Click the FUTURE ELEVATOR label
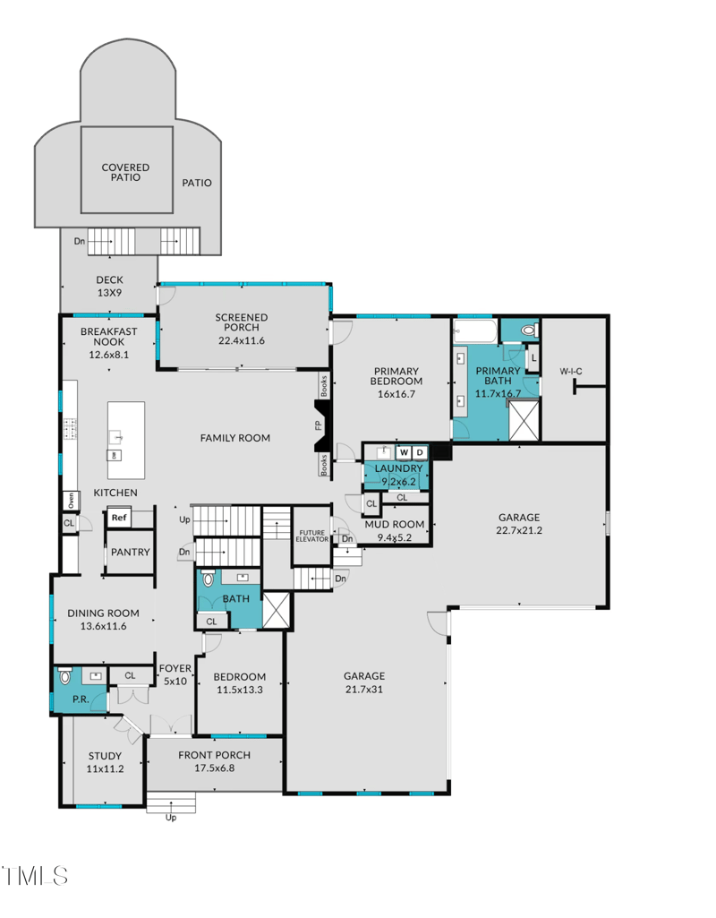pos(311,537)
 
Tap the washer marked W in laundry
pos(403,452)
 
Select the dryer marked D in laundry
pos(419,452)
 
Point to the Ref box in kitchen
pos(119,517)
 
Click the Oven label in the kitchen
pos(68,500)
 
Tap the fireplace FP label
pos(319,425)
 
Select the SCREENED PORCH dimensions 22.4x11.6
pos(242,340)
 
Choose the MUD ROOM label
pos(393,524)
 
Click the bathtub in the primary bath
pos(473,333)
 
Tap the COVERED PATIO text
pos(125,172)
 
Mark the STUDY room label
pos(104,757)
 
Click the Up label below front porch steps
pos(171,817)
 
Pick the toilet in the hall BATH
pos(209,579)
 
